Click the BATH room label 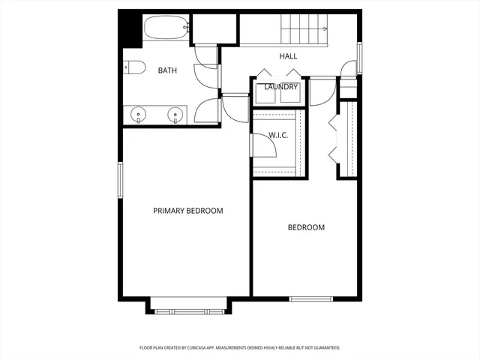point(167,70)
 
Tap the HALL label point(288,56)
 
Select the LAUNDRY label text point(281,87)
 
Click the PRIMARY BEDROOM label point(187,211)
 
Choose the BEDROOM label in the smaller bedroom point(306,227)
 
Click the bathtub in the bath point(163,28)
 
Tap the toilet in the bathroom point(133,67)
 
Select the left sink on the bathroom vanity point(138,115)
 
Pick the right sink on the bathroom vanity point(175,115)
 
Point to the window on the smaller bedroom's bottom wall point(310,298)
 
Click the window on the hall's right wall point(360,57)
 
